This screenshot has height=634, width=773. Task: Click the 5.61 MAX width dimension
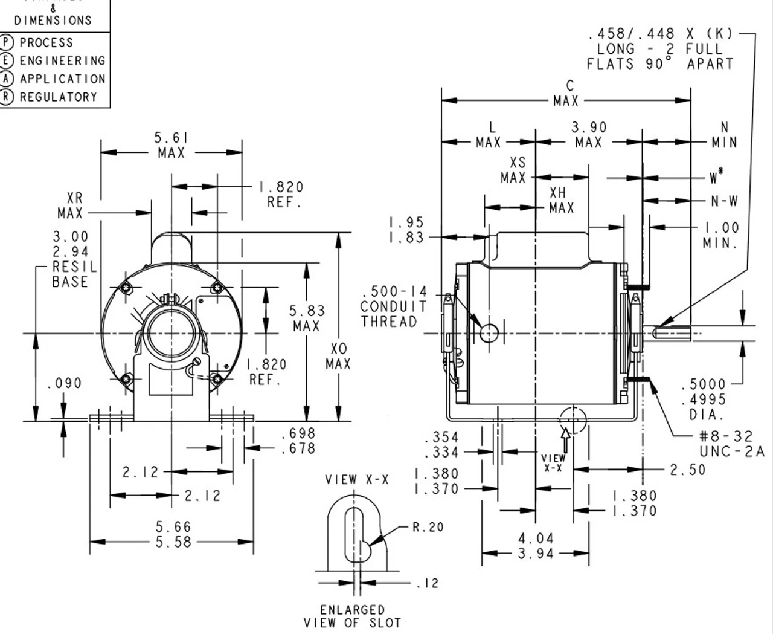click(x=172, y=146)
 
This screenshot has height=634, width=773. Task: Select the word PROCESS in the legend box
click(x=47, y=43)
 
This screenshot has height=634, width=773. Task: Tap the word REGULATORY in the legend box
click(x=58, y=97)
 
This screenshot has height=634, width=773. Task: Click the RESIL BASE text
click(x=70, y=274)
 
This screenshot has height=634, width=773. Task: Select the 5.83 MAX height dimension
click(x=307, y=318)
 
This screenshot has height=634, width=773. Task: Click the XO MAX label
click(x=339, y=357)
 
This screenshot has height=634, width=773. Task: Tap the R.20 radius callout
click(x=428, y=527)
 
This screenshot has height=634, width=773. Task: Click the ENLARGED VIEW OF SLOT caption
click(x=352, y=616)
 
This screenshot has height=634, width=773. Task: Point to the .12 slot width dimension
click(x=428, y=584)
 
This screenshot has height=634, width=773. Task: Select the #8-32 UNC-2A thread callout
click(x=731, y=444)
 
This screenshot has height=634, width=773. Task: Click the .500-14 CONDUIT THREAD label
click(x=393, y=306)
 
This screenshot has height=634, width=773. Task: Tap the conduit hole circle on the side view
click(x=489, y=332)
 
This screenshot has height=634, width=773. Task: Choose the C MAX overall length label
click(x=566, y=94)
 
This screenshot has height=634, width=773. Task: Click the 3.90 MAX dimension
click(x=589, y=135)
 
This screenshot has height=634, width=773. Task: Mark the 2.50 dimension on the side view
click(x=688, y=470)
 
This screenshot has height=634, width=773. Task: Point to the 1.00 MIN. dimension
click(x=721, y=235)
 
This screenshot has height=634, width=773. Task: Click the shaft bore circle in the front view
click(x=171, y=334)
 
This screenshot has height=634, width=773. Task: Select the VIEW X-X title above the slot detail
click(x=357, y=480)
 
